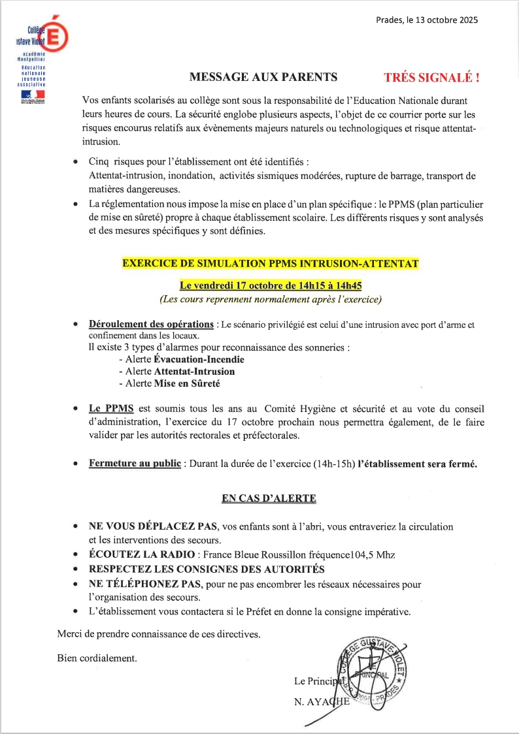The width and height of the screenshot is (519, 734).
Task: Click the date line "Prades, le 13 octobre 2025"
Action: click(x=427, y=20)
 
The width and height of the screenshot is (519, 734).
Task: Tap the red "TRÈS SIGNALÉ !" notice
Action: click(x=431, y=77)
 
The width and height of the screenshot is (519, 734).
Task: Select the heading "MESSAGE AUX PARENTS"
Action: click(x=263, y=77)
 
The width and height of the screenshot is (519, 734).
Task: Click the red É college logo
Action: click(x=56, y=35)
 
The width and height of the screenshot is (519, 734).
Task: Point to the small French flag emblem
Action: click(x=29, y=95)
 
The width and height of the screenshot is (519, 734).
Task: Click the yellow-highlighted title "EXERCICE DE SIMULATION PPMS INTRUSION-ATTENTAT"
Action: click(x=271, y=264)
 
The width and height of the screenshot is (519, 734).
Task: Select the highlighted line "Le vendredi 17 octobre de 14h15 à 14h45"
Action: click(x=271, y=285)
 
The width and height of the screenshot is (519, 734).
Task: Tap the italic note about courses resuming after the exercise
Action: click(x=271, y=300)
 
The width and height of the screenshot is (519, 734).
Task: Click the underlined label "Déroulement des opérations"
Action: click(x=152, y=325)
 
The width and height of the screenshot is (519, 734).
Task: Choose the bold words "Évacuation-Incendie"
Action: click(x=199, y=359)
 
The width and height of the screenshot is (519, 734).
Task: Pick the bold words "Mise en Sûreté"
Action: click(x=187, y=383)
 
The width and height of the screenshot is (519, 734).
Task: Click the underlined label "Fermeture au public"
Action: click(x=135, y=464)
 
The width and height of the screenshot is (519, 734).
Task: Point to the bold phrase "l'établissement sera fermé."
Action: click(x=418, y=464)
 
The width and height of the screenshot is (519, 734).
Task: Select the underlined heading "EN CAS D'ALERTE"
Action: click(x=269, y=498)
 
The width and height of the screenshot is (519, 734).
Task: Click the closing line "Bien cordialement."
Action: click(x=97, y=658)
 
